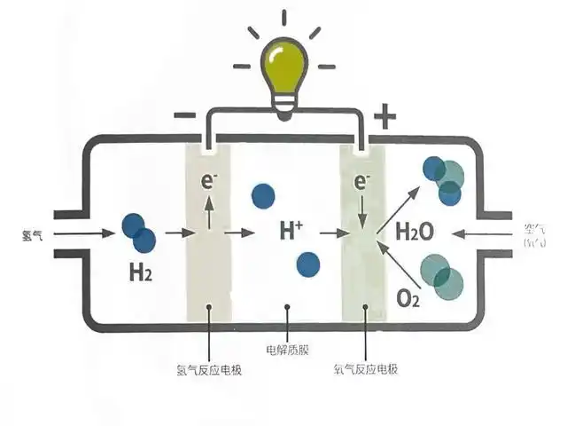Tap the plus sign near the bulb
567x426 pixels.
click(384, 114)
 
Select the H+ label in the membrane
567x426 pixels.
click(291, 232)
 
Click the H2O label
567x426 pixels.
click(414, 233)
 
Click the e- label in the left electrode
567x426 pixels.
click(209, 182)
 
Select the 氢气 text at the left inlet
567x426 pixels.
click(32, 234)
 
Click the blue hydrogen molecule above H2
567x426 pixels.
click(138, 233)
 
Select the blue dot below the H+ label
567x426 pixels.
click(307, 264)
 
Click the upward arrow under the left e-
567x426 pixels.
click(209, 211)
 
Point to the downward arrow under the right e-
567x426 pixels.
click(361, 211)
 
